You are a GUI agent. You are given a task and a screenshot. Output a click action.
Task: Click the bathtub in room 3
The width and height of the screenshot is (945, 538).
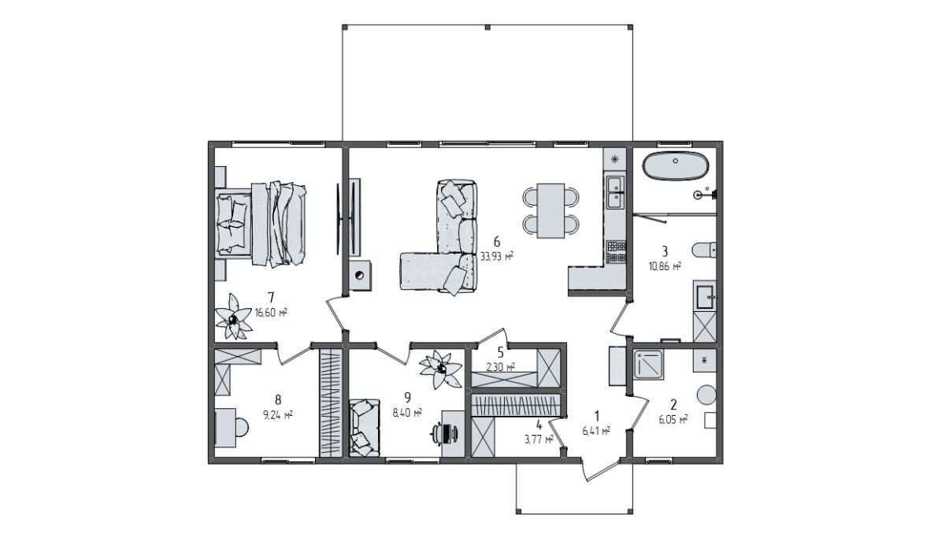tap(676, 166)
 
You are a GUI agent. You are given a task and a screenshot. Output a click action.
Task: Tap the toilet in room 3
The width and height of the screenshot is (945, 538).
tap(704, 250)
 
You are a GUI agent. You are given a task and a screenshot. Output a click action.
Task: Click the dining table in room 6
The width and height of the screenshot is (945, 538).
tap(550, 210)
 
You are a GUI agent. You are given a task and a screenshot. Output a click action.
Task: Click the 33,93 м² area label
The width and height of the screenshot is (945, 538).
tap(497, 256)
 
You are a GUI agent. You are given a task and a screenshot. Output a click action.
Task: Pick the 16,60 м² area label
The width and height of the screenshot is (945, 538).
tap(271, 313)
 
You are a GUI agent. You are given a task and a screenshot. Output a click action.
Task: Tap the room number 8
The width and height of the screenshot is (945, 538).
tap(277, 399)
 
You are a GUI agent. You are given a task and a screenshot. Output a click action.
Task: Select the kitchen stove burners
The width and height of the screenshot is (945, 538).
tap(616, 252)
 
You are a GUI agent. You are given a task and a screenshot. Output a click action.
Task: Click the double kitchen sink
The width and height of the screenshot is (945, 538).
tap(616, 192)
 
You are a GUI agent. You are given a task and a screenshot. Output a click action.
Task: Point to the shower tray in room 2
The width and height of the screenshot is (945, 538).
tap(648, 364)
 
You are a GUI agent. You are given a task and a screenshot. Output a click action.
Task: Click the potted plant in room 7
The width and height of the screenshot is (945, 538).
tap(232, 317)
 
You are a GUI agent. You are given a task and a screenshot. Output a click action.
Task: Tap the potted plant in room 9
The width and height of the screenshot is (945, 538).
tap(440, 369)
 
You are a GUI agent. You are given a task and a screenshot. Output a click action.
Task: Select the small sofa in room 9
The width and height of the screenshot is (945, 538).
tap(365, 428)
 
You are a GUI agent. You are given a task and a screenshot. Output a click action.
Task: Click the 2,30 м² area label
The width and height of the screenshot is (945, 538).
tap(500, 367)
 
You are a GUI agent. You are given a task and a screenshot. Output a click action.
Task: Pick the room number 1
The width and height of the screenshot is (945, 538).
tap(596, 416)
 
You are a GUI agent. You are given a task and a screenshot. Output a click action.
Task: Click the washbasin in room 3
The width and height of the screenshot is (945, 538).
tap(705, 297)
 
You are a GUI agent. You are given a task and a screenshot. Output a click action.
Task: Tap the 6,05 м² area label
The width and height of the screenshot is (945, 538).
tap(673, 420)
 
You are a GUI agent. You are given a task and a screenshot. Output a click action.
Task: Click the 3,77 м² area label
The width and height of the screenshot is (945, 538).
tap(539, 440)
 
